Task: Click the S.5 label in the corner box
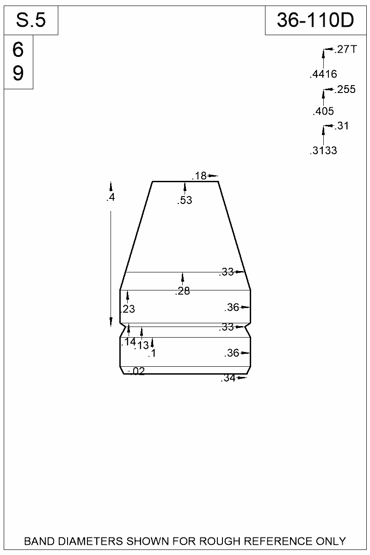[31, 20]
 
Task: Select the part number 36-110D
[315, 20]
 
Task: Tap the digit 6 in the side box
[18, 50]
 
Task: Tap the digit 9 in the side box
[18, 73]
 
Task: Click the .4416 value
[323, 74]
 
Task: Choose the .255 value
[345, 89]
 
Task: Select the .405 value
[323, 111]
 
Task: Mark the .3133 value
[323, 150]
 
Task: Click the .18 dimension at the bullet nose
[199, 176]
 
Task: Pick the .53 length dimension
[184, 200]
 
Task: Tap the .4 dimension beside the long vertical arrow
[110, 198]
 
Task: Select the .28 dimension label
[183, 291]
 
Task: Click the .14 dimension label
[128, 342]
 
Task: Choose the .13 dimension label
[142, 345]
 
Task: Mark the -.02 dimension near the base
[136, 371]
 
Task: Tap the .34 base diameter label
[228, 378]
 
